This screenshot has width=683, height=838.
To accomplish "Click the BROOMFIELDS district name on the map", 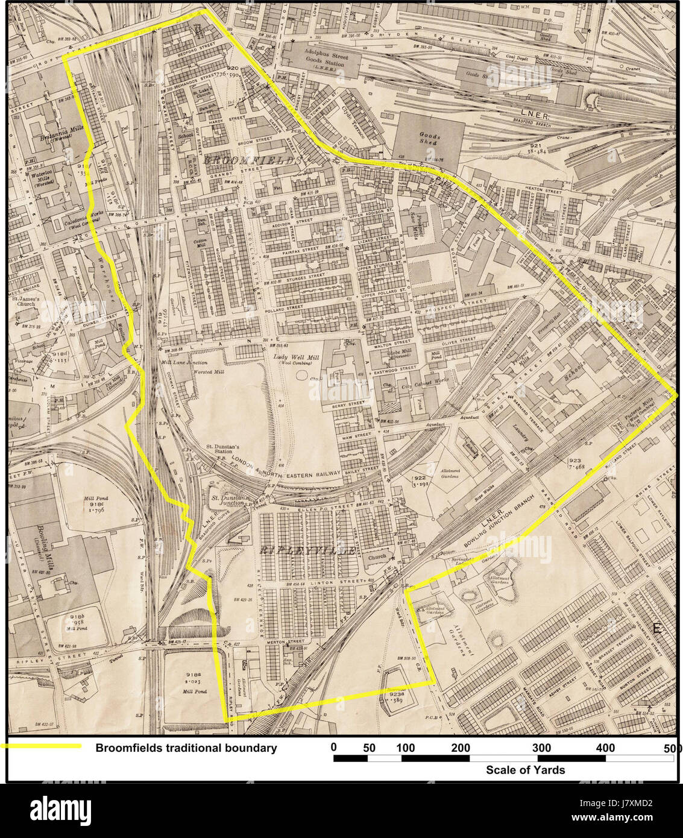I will (x=252, y=160).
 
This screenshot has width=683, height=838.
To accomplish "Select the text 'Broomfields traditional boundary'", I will (x=186, y=748).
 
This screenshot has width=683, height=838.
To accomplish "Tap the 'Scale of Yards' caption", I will (x=525, y=770).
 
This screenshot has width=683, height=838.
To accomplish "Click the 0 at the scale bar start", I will (x=334, y=748).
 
